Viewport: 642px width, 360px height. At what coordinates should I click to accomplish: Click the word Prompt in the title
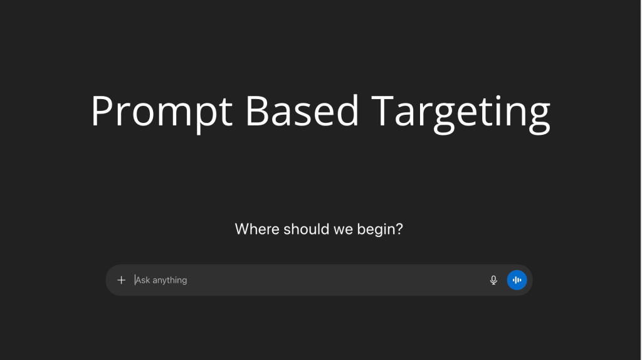click(161, 112)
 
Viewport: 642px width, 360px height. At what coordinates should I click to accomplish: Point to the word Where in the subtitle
click(257, 229)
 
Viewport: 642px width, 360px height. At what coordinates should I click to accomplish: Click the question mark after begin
click(399, 229)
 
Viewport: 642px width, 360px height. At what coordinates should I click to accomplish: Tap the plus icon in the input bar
click(122, 280)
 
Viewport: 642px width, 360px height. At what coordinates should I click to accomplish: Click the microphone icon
click(493, 280)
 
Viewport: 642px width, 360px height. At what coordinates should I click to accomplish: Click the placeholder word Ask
click(143, 280)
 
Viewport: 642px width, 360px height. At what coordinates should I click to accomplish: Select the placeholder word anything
click(170, 280)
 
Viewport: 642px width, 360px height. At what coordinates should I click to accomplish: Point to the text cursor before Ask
click(135, 280)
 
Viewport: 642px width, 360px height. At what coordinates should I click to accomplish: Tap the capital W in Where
click(242, 229)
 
